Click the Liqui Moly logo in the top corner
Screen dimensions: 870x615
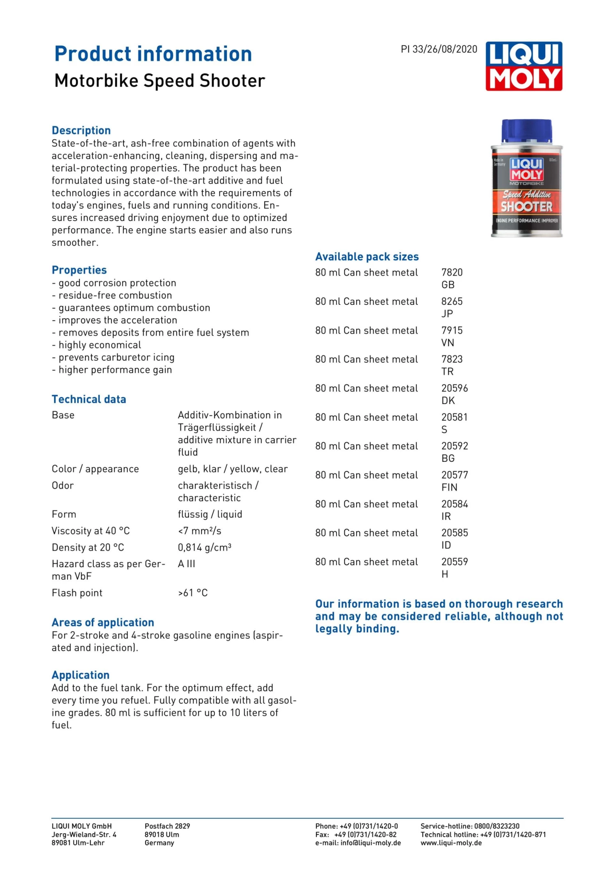point(524,66)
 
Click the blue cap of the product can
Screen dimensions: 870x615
point(526,131)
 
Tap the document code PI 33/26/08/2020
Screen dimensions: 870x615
point(439,50)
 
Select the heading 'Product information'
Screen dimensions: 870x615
point(153,54)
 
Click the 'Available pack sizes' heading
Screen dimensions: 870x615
point(367,257)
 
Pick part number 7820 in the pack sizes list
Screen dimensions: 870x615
point(452,273)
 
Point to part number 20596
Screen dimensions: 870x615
point(454,388)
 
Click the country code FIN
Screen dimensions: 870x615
point(449,487)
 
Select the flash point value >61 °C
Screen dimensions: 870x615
point(193,593)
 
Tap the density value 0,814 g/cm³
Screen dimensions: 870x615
point(205,547)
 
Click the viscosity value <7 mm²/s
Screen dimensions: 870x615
point(200,531)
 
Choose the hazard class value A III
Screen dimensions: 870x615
point(187,564)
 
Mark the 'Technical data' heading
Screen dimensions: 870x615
point(89,400)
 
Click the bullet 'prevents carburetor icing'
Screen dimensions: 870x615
point(116,357)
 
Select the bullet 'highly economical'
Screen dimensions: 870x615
point(100,345)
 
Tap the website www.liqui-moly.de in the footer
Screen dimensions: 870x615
point(451,843)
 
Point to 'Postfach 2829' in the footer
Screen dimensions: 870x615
point(167,826)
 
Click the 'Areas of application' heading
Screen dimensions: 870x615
point(103,622)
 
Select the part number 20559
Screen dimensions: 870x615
point(454,562)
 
